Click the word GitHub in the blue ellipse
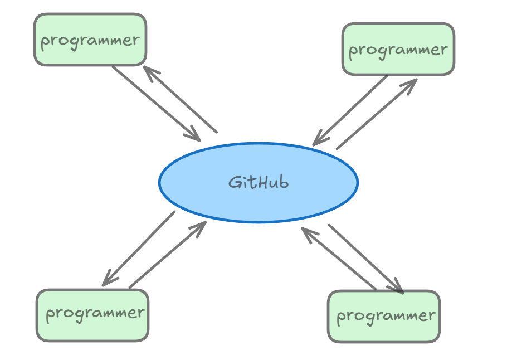(259, 182)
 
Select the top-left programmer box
(90, 40)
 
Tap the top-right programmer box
(398, 50)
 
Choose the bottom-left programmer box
(92, 315)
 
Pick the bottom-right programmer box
(384, 316)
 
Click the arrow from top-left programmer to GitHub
(156, 103)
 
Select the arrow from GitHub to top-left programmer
(179, 99)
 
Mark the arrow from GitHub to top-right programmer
(377, 114)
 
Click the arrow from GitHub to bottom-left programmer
(139, 249)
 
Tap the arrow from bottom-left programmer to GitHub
(168, 255)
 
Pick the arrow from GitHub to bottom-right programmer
(365, 258)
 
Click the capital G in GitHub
(235, 182)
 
